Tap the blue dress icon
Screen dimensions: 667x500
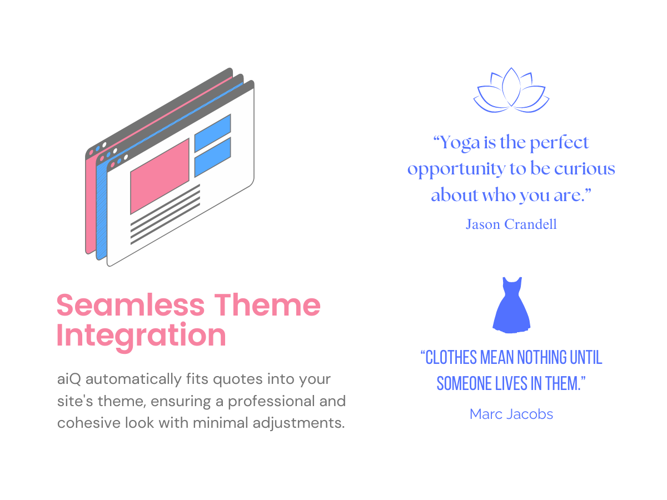tap(511, 305)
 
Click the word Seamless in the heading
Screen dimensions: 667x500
tap(131, 305)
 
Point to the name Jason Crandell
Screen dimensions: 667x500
tap(511, 224)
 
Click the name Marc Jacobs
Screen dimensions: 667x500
tap(511, 414)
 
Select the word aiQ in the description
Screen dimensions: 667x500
tap(69, 379)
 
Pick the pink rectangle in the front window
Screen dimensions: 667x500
tap(160, 176)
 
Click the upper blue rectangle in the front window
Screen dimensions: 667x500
tap(212, 133)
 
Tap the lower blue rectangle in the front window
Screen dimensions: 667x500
tap(212, 157)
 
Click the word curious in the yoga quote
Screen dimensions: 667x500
tap(585, 169)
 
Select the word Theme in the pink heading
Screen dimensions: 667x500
tap(267, 305)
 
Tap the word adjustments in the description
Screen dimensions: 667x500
tap(298, 423)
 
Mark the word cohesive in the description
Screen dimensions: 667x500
tap(89, 423)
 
